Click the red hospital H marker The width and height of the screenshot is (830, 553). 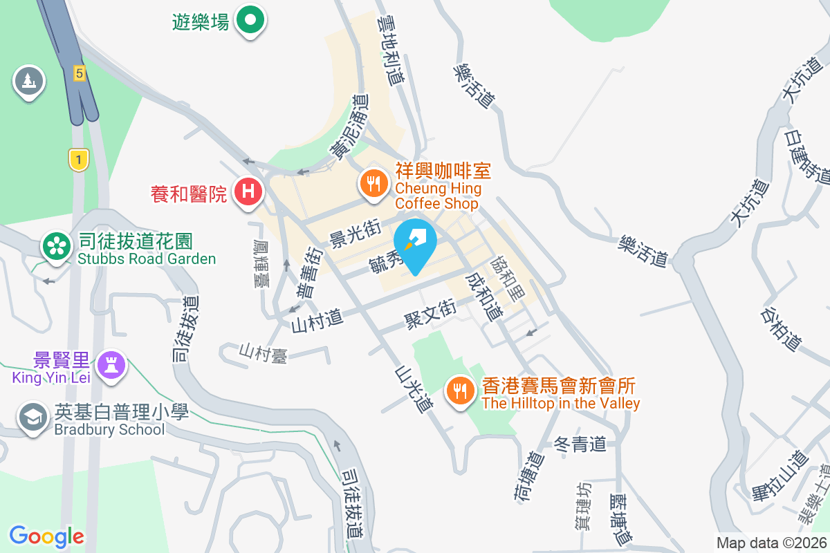[248, 191]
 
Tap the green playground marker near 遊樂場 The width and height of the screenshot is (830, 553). [250, 20]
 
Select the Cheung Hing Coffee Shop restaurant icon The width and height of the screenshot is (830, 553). [374, 183]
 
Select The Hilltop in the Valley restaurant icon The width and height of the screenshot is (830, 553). [460, 391]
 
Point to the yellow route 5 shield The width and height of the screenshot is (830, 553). [80, 72]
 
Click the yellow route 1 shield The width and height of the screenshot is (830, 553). [79, 160]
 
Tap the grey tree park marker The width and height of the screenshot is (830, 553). [28, 81]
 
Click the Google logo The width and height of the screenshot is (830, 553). [47, 536]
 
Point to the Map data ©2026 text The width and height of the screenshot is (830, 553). [771, 543]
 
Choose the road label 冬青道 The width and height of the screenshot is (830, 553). [581, 444]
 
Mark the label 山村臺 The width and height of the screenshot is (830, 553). [264, 353]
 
